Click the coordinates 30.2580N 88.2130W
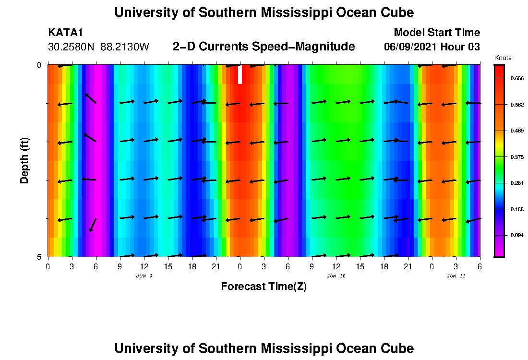(x=99, y=47)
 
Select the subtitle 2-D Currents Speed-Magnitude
(x=264, y=47)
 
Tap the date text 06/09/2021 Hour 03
(x=432, y=47)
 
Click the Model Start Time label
(x=437, y=33)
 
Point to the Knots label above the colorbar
(x=503, y=58)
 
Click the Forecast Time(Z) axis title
(x=264, y=287)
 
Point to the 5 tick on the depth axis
(x=39, y=257)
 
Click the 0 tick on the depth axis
(x=39, y=65)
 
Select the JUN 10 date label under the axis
(x=336, y=276)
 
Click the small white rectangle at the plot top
(x=240, y=74)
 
